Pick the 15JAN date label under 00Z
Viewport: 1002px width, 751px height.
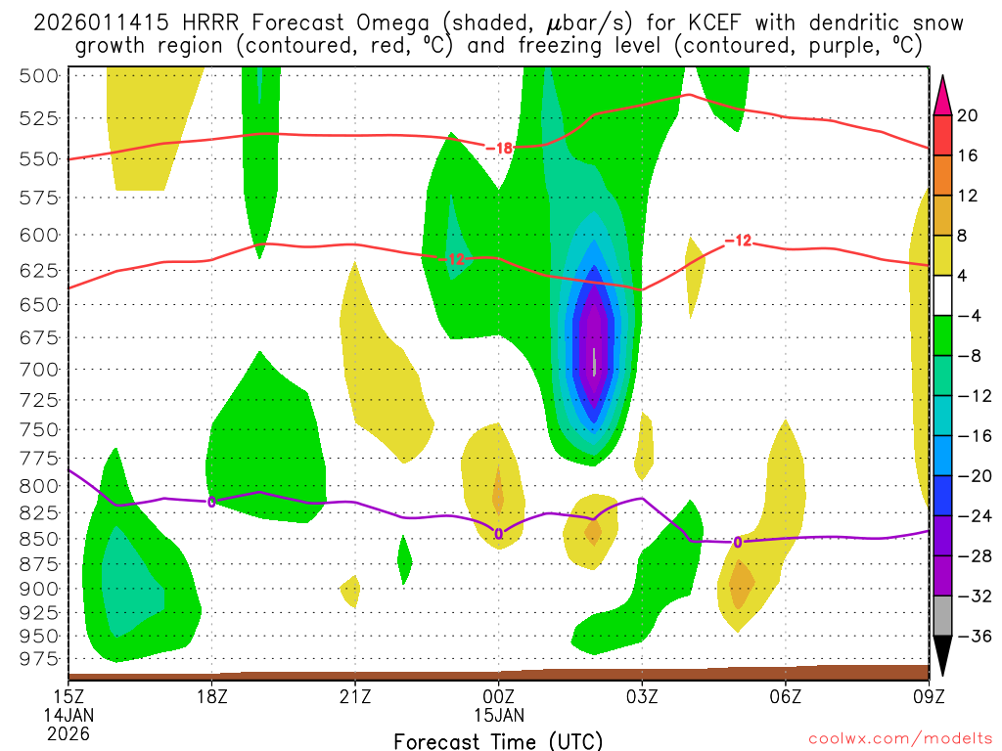point(499,714)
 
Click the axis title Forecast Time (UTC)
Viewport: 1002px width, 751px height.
point(498,740)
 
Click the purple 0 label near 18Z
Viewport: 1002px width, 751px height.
point(211,502)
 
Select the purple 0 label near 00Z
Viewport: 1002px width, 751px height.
point(499,534)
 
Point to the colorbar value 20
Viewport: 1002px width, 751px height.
point(968,115)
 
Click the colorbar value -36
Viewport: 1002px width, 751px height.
point(968,636)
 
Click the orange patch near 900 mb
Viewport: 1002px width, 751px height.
point(741,585)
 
